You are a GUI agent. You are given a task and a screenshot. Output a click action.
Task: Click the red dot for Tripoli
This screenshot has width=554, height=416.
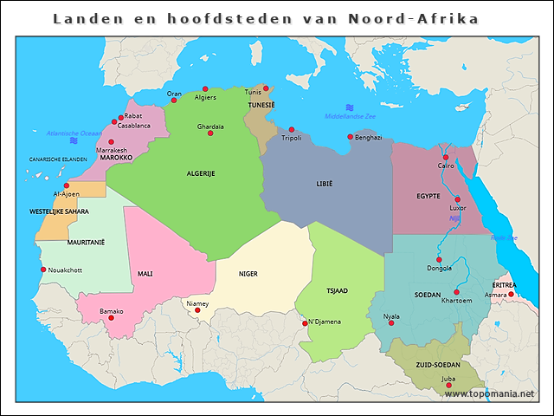pos(292,130)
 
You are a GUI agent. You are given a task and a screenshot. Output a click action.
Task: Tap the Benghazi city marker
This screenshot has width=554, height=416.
pos(350,137)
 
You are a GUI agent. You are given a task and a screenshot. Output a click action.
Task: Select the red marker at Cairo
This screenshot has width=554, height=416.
pos(446,158)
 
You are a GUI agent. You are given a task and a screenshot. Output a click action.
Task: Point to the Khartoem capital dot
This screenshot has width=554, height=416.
pos(456,292)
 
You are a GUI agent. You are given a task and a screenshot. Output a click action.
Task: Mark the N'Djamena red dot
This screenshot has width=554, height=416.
pos(304,324)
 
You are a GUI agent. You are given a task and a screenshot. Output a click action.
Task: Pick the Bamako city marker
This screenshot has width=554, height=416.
pos(110,318)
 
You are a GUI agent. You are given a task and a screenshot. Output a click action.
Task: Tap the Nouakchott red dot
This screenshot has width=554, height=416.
pos(43,270)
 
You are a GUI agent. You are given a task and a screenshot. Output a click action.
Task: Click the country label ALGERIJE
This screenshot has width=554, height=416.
pos(201,173)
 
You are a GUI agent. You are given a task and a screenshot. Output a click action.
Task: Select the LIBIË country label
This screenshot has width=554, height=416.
pos(324,184)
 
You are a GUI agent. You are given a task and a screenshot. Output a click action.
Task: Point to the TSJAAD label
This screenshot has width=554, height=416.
pos(337,290)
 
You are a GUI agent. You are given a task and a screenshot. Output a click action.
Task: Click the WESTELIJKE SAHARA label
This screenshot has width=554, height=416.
pos(59,211)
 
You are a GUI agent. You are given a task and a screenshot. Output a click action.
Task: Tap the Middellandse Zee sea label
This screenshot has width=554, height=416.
pos(350,116)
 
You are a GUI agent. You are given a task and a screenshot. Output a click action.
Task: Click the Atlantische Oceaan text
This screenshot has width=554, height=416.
pos(74,133)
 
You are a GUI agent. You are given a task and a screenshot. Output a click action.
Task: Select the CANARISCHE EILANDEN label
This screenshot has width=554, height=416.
pos(59,159)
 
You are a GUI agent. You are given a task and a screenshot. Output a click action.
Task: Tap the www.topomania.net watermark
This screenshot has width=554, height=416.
pos(489,393)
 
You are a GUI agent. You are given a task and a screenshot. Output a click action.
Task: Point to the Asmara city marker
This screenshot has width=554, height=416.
pos(511,295)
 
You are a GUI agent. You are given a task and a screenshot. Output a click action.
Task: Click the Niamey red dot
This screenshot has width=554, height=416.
pos(197,310)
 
